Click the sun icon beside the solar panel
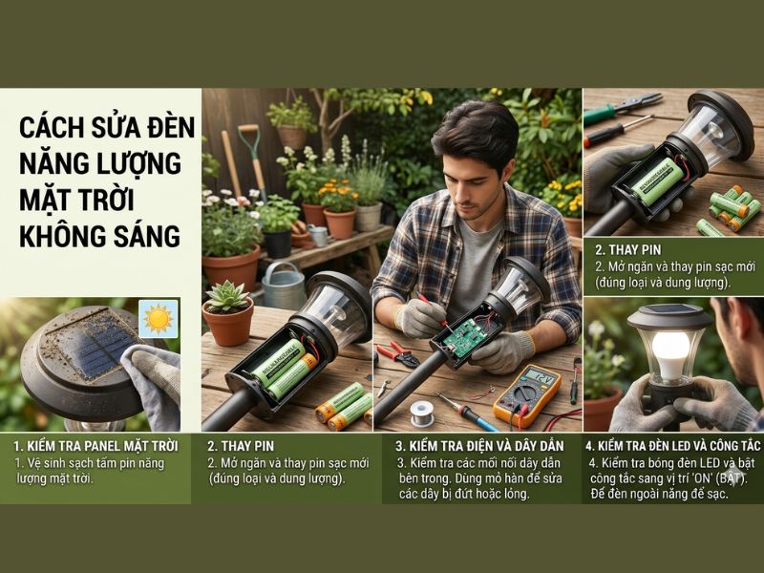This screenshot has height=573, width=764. [158, 319]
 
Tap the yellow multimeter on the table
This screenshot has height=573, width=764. [527, 394]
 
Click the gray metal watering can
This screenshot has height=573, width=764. [284, 286]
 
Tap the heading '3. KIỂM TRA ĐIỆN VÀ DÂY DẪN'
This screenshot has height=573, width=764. [480, 446]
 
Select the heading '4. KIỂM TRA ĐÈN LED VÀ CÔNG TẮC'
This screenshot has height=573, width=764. [672, 446]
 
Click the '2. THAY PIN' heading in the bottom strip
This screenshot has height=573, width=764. [244, 446]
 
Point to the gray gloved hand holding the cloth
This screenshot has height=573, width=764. [153, 382]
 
